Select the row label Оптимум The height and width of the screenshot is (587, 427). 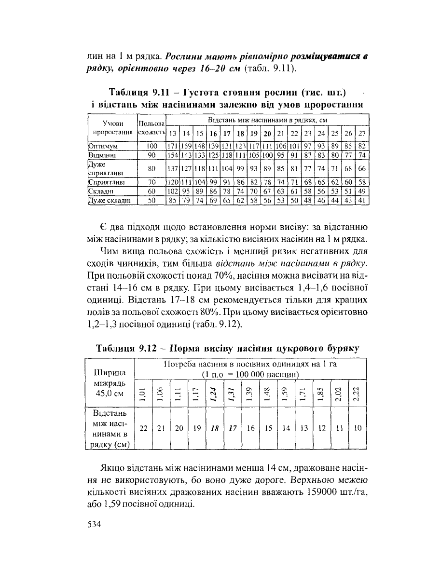click(104, 145)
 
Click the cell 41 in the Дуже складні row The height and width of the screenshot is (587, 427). click(362, 201)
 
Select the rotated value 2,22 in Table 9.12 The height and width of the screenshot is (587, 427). click(357, 395)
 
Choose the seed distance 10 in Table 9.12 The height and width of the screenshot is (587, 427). click(357, 428)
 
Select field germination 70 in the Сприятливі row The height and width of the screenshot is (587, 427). click(152, 182)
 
